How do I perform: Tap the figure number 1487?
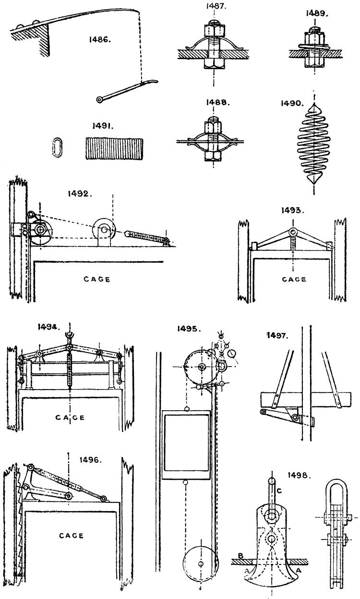point(213,7)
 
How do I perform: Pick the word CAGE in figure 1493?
point(293,279)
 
